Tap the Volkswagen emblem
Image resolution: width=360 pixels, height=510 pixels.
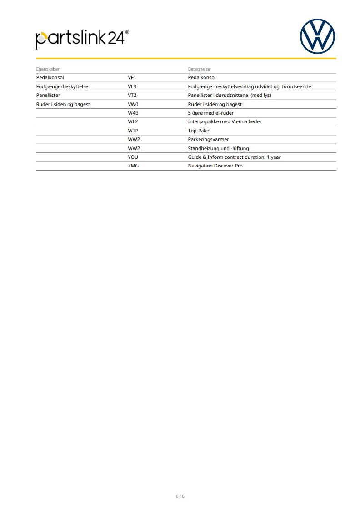click(x=317, y=36)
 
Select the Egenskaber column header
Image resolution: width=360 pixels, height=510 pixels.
click(x=48, y=69)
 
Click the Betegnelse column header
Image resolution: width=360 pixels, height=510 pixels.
click(x=199, y=69)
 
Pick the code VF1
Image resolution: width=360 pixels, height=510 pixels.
click(x=132, y=78)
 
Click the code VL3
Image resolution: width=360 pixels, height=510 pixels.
click(x=132, y=86)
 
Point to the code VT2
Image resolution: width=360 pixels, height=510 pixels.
click(x=132, y=96)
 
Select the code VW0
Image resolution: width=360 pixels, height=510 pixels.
click(x=133, y=104)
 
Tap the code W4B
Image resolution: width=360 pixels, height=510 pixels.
click(x=133, y=113)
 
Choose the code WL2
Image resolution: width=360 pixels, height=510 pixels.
click(x=133, y=122)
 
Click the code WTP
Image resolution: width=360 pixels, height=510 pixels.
click(x=133, y=131)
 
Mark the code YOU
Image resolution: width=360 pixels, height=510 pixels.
click(x=133, y=157)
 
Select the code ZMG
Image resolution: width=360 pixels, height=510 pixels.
click(x=133, y=166)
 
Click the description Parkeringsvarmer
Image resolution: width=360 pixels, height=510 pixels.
click(x=208, y=140)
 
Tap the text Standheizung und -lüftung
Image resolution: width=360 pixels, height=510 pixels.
click(x=218, y=148)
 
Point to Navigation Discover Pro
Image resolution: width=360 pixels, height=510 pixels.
click(x=215, y=166)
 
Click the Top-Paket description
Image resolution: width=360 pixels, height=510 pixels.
click(x=200, y=131)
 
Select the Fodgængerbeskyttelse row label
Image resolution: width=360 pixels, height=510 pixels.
click(x=62, y=86)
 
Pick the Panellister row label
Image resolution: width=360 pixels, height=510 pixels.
click(x=48, y=96)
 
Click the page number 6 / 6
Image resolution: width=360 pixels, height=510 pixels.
click(x=180, y=496)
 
